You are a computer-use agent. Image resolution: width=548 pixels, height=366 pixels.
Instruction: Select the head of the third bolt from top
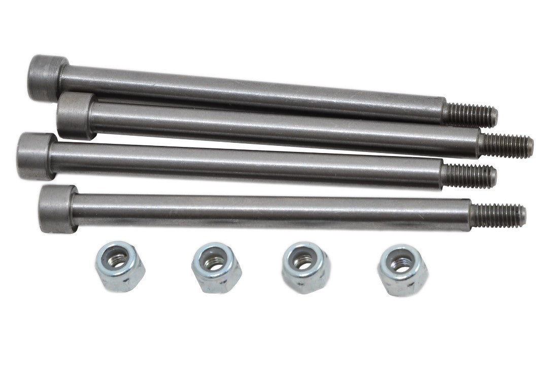[x=36, y=156]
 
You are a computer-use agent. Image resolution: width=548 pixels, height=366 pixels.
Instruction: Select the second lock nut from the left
[x=210, y=268]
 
